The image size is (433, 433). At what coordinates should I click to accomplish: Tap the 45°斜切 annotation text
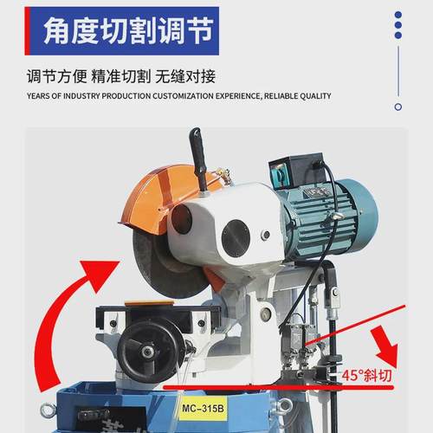[x=367, y=377]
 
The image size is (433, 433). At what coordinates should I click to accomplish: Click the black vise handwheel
[x=151, y=351]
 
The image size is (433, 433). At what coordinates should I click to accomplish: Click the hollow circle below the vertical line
[x=397, y=107]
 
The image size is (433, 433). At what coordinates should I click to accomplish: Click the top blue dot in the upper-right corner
[x=397, y=15]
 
